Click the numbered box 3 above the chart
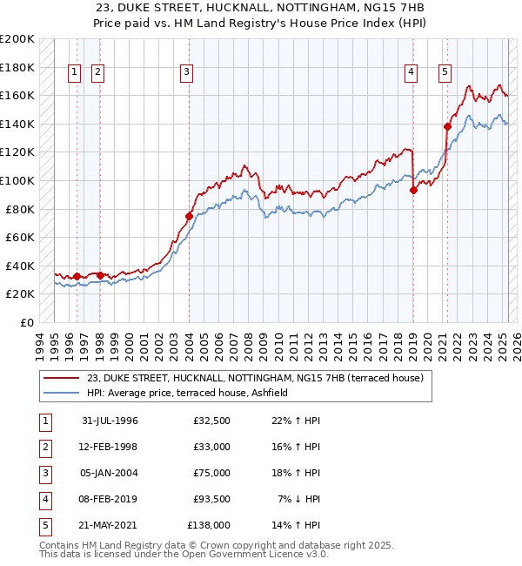coord(187,72)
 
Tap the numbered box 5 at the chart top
coord(445,72)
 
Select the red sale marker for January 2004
coord(189,216)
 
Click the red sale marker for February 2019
coord(413,191)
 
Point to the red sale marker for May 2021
coord(447,126)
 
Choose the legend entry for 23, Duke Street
coord(255,378)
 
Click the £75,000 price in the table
coord(212,473)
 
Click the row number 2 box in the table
coord(44,447)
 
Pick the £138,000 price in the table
coord(209,525)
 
